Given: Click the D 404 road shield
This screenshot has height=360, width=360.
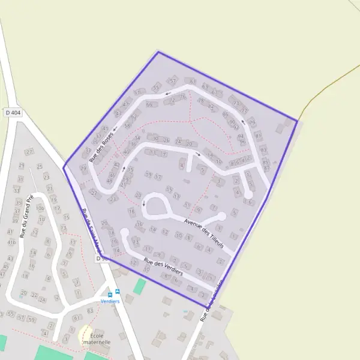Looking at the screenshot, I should (x=13, y=112).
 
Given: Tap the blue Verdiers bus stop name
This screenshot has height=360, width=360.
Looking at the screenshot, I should (x=110, y=301).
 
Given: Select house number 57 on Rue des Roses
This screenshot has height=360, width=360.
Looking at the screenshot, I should (x=173, y=80).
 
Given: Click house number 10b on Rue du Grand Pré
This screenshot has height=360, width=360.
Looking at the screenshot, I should (x=40, y=208).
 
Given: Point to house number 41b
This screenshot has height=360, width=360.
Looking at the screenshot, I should (x=12, y=242).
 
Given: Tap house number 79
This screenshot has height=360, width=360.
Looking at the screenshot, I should (x=252, y=122).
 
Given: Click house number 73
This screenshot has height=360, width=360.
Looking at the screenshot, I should (x=236, y=103).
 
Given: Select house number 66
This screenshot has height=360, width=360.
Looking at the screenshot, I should (x=148, y=104).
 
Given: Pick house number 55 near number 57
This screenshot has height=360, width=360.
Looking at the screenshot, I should (x=156, y=88).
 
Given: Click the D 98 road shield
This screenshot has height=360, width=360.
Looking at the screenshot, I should (x=101, y=258).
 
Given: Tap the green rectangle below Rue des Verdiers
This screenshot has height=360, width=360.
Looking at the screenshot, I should (x=139, y=286).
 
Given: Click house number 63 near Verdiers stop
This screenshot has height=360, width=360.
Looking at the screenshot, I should (x=90, y=311).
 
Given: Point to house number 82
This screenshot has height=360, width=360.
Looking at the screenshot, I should (x=211, y=106).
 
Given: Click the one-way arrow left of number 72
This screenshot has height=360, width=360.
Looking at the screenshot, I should (x=168, y=94).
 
